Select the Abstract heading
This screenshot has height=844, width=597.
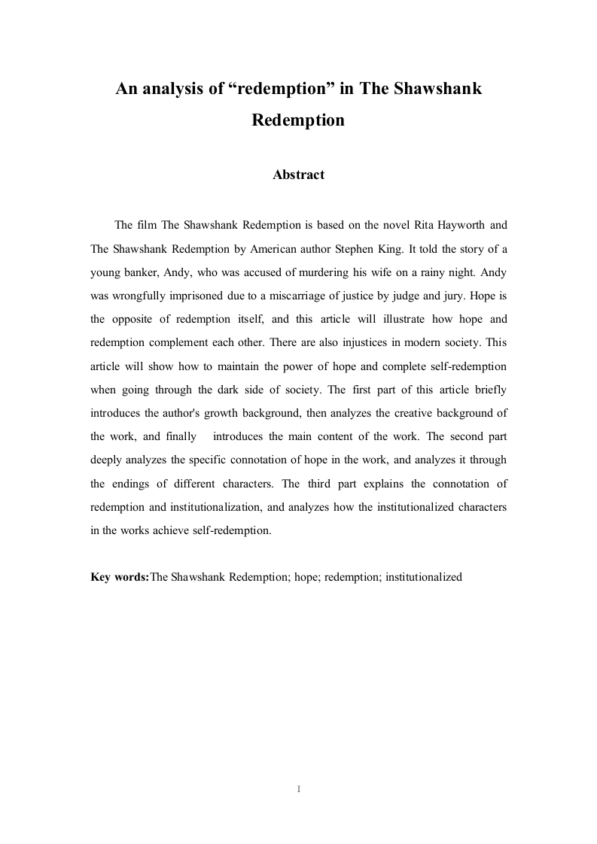click(298, 175)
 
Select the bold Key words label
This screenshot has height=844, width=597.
click(120, 577)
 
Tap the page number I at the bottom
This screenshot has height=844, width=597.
click(299, 789)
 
